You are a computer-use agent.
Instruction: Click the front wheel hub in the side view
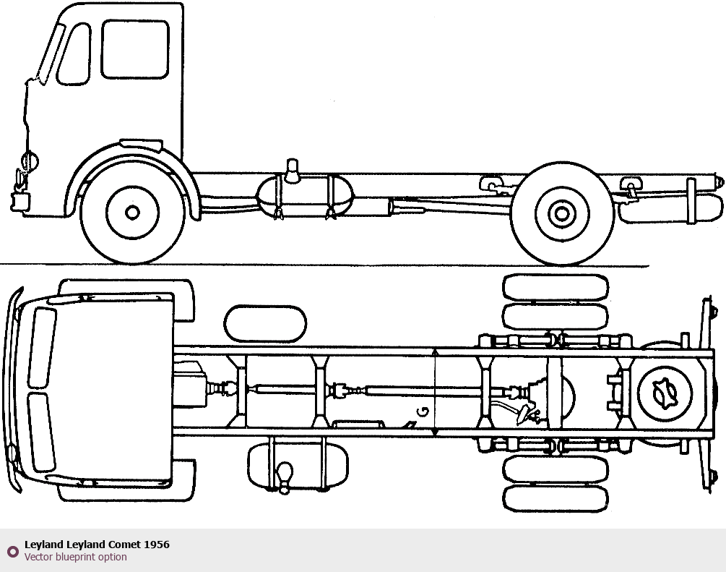tap(132, 212)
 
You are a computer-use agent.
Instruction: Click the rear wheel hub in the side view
tap(561, 213)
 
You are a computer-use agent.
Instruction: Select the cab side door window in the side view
tap(135, 49)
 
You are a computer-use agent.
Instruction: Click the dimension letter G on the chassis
tap(424, 413)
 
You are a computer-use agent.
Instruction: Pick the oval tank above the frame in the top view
tap(265, 323)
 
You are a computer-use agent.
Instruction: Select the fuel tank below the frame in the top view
tap(297, 466)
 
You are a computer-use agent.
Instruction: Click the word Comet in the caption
tap(124, 545)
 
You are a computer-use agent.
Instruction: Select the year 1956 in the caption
tap(157, 545)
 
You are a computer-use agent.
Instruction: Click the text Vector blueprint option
tap(75, 557)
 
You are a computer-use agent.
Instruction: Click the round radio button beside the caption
tap(12, 551)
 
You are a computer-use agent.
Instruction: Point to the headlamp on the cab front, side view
tap(30, 160)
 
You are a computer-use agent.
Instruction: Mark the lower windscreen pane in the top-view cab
tap(42, 432)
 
